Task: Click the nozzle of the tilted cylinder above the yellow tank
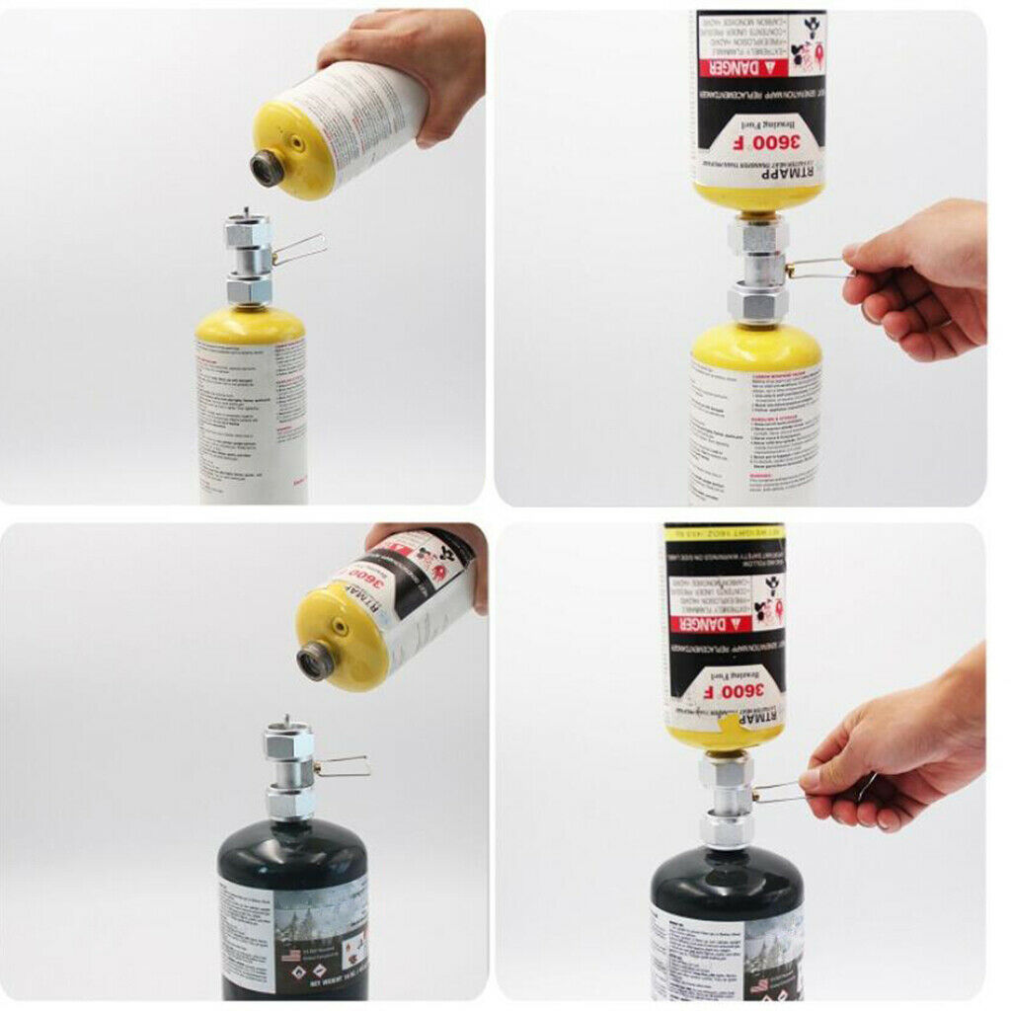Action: point(267,169)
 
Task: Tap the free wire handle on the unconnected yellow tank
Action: point(301,250)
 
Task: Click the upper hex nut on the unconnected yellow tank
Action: point(248,235)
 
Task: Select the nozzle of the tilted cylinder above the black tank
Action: point(316,661)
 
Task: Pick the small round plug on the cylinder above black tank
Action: point(339,629)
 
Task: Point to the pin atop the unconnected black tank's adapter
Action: point(286,722)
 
